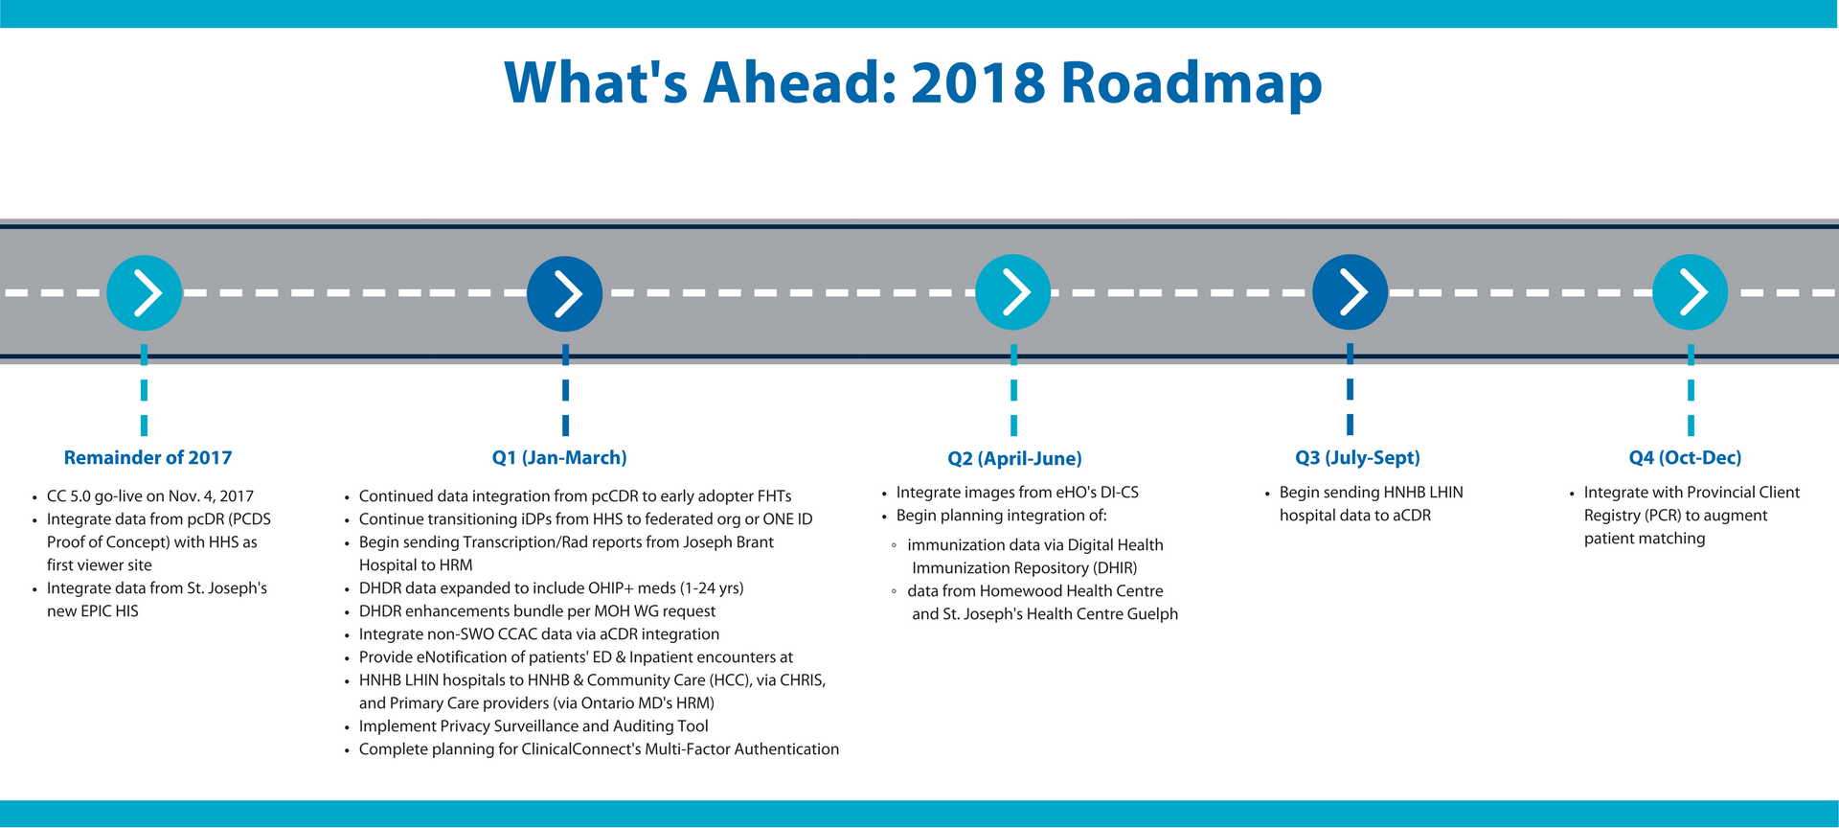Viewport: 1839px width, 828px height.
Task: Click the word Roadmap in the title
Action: (x=1192, y=83)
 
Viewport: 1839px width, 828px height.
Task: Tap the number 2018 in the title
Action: (x=978, y=82)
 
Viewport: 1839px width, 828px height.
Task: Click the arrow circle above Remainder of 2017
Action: (x=145, y=292)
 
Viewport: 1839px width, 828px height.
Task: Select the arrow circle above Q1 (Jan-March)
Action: (x=565, y=293)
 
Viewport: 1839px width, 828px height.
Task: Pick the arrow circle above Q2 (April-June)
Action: (x=1013, y=292)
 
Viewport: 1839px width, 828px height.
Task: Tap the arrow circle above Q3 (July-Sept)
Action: (x=1350, y=292)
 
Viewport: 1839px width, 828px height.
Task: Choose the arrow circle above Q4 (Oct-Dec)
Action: (x=1691, y=292)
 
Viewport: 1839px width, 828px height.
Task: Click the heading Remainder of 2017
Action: (x=148, y=458)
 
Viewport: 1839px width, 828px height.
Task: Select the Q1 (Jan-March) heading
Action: (x=559, y=458)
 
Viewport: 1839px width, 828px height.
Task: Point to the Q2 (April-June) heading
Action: (x=1014, y=459)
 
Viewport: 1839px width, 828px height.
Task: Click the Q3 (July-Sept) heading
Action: (x=1357, y=458)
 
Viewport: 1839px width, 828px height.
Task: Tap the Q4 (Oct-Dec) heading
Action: (x=1685, y=458)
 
